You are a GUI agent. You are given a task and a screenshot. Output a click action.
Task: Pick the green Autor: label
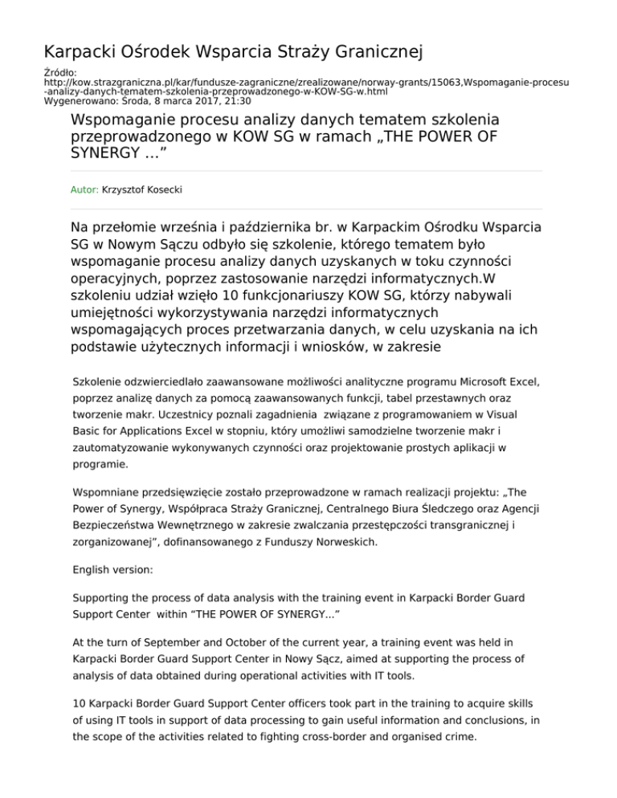click(85, 191)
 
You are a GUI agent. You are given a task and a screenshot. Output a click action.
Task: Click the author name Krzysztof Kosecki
click(144, 191)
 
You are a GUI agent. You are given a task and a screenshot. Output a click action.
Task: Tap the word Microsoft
click(460, 375)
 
